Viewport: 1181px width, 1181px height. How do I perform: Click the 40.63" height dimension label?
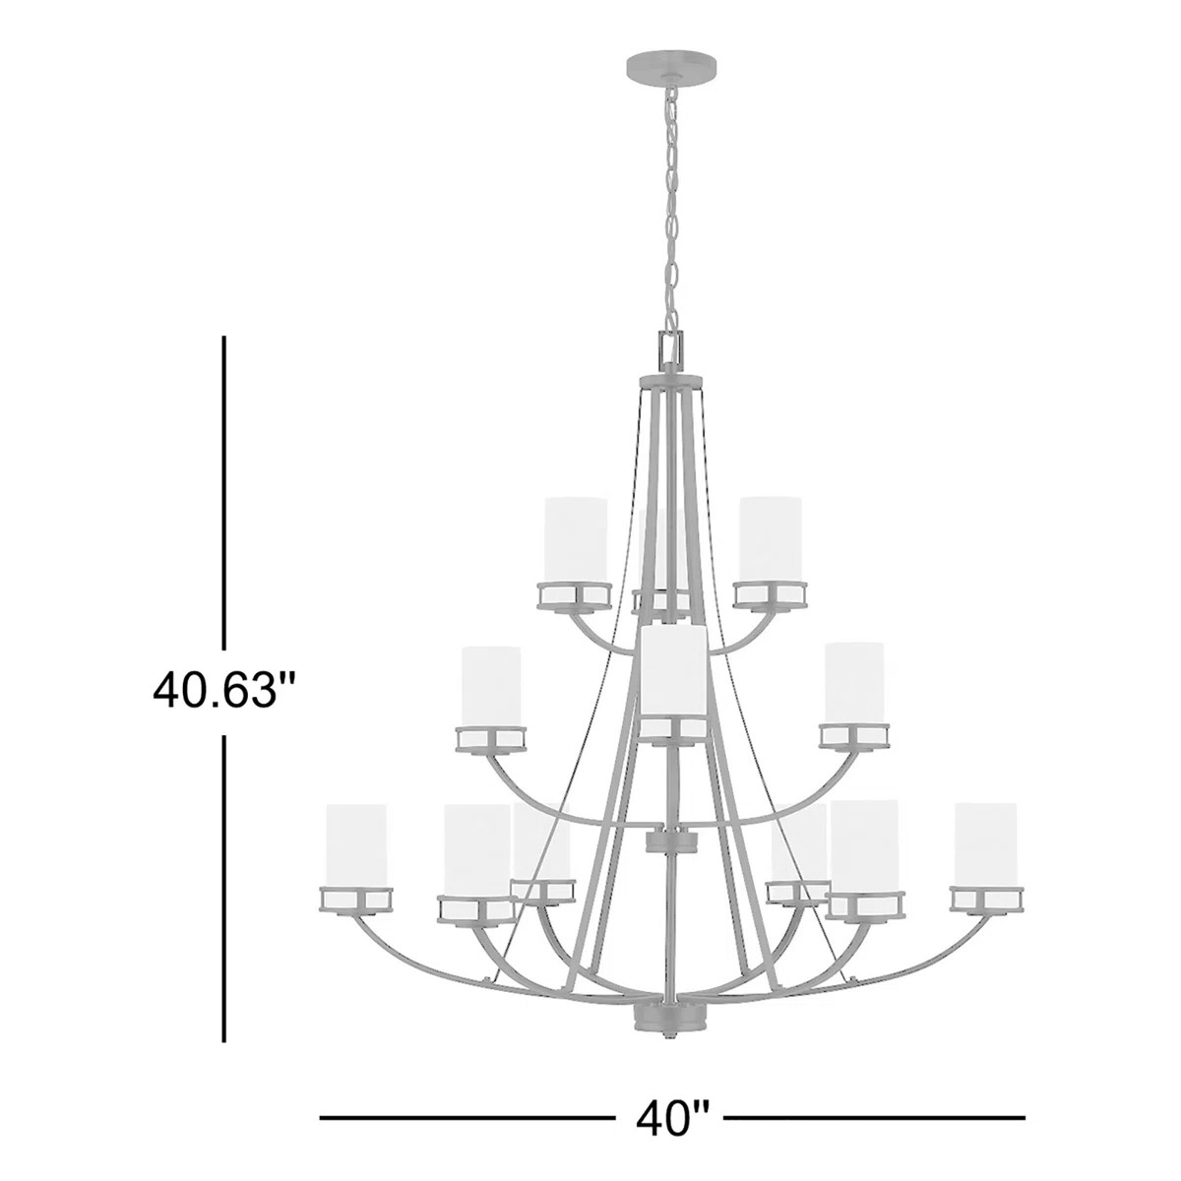tap(224, 689)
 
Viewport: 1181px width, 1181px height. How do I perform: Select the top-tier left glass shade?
tap(576, 539)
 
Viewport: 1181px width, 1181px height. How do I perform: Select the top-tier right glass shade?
tap(771, 539)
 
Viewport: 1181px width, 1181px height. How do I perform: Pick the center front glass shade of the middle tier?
tap(672, 673)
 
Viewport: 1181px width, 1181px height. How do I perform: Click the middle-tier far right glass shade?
tap(853, 683)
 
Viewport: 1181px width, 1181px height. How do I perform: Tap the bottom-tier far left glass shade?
tap(356, 844)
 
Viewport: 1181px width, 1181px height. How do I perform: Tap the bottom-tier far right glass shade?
tap(986, 844)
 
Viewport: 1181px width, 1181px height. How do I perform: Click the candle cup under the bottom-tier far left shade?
tap(356, 899)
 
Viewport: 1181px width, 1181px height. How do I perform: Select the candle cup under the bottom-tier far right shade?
tap(987, 898)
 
